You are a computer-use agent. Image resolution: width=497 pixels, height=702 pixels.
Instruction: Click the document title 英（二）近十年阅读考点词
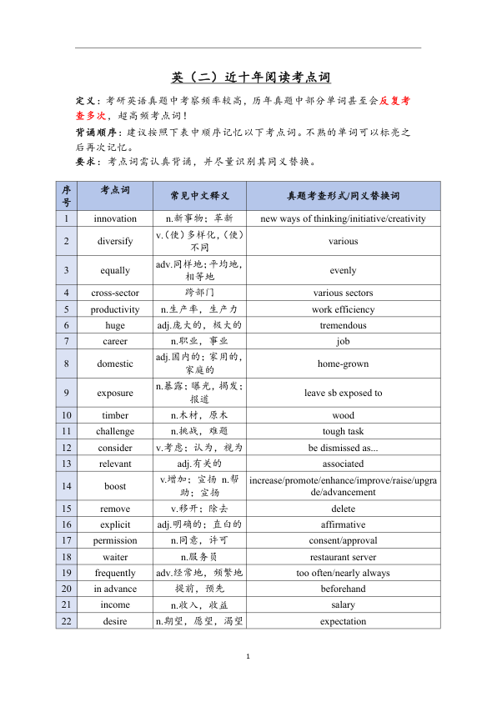251,78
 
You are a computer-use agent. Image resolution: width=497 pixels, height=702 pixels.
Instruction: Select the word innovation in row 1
115,218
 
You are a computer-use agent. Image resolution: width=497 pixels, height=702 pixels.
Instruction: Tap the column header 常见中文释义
199,196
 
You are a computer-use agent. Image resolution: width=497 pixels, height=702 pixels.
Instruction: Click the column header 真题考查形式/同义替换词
343,196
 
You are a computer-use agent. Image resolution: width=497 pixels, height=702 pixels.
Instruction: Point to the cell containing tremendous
343,325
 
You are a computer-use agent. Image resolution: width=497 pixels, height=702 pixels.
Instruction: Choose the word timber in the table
115,415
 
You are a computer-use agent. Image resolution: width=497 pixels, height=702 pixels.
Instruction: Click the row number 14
67,486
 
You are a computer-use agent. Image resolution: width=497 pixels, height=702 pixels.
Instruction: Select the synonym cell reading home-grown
343,364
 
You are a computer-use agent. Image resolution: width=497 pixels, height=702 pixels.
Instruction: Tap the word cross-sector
115,293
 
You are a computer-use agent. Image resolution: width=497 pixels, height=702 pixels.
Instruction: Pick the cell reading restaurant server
343,557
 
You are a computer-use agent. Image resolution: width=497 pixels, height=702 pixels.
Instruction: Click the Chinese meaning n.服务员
199,557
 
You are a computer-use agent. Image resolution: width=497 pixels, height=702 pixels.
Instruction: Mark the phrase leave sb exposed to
343,393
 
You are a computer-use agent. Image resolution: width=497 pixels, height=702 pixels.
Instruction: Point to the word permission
115,540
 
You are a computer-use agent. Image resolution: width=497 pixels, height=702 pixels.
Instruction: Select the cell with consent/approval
343,540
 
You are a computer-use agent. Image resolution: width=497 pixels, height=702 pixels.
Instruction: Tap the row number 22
67,621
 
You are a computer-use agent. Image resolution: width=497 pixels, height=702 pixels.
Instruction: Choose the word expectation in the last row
343,621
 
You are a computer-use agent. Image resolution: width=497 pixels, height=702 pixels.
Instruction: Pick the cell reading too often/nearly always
343,573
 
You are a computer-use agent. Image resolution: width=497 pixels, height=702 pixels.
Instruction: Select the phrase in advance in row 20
115,589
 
